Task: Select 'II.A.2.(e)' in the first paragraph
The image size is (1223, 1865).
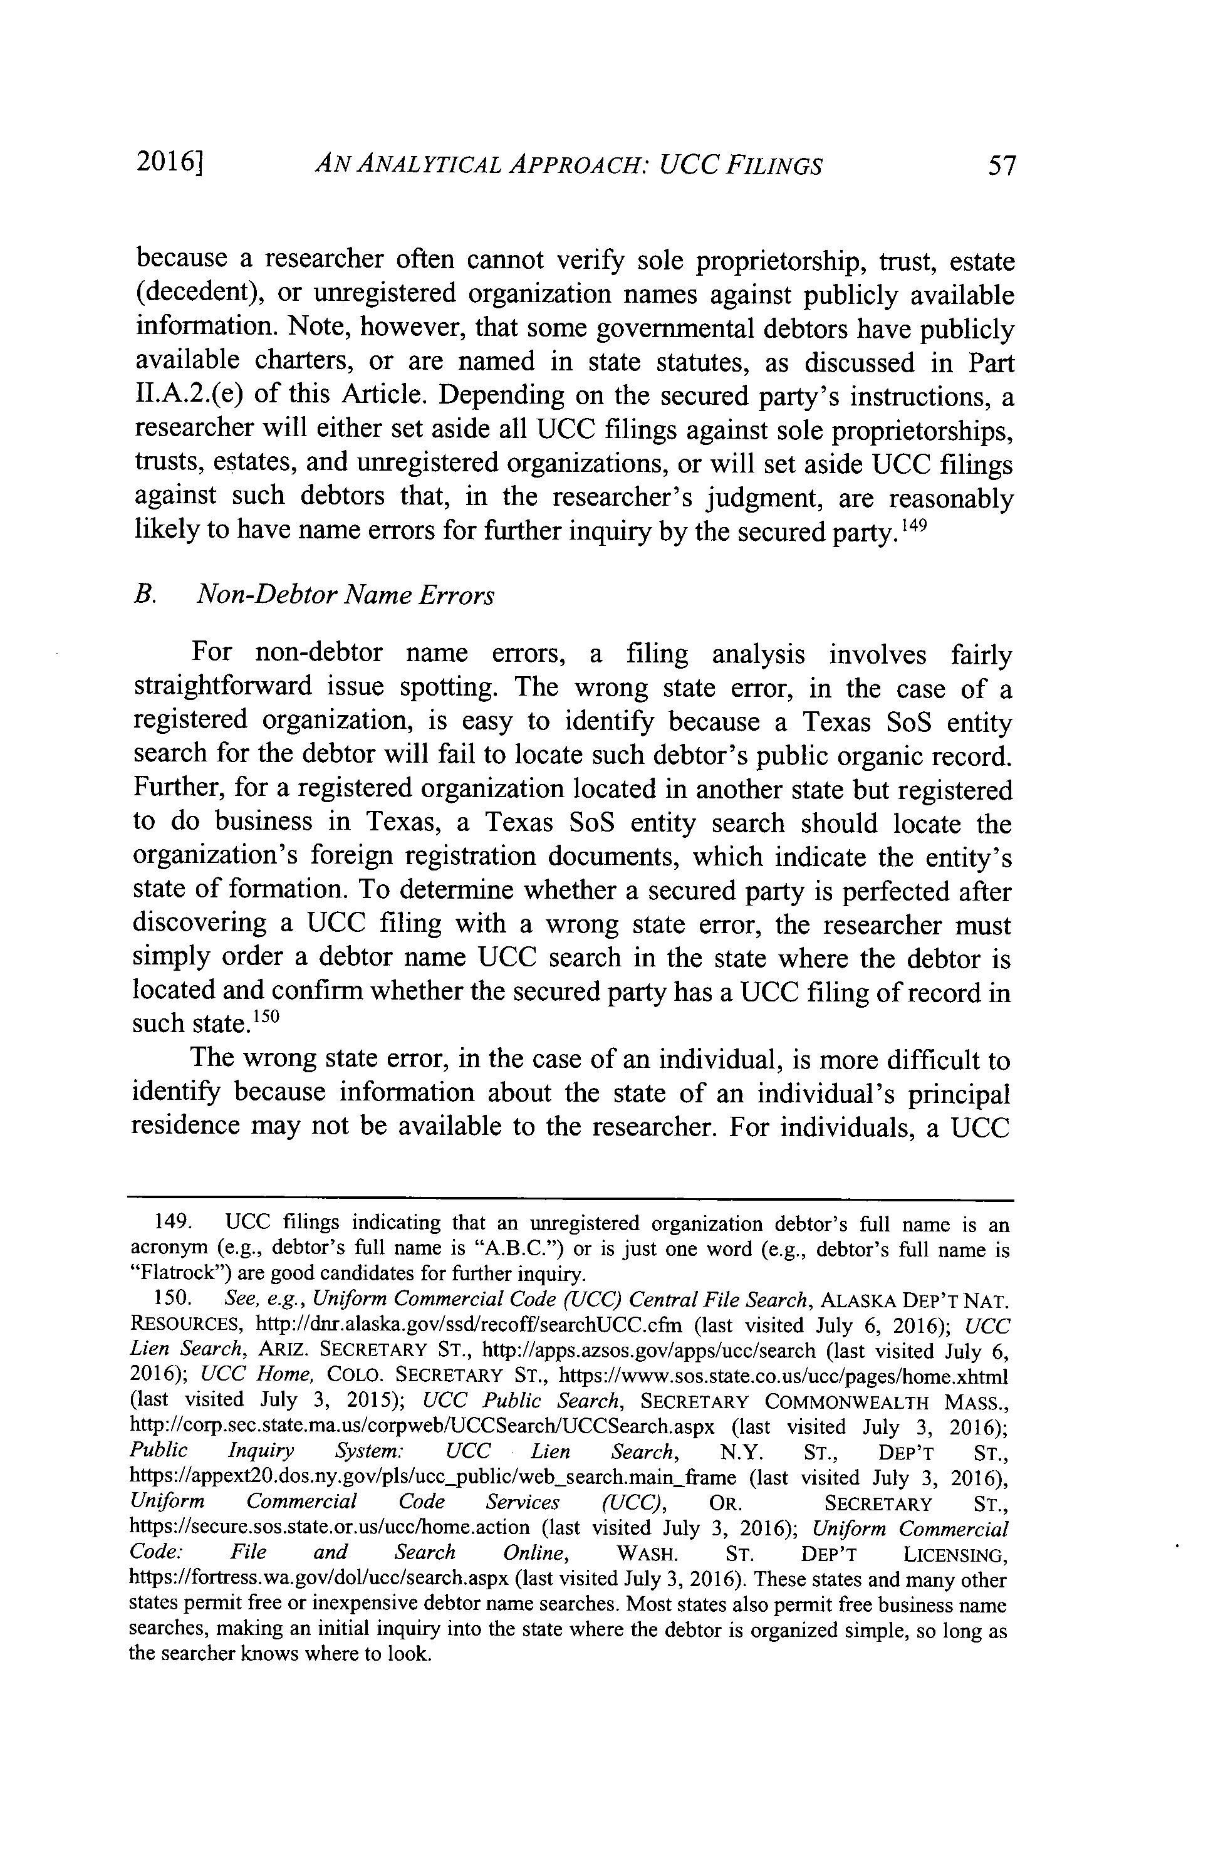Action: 187,394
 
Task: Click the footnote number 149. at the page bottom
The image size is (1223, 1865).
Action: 172,1224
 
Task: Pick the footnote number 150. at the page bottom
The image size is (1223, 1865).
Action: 172,1299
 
